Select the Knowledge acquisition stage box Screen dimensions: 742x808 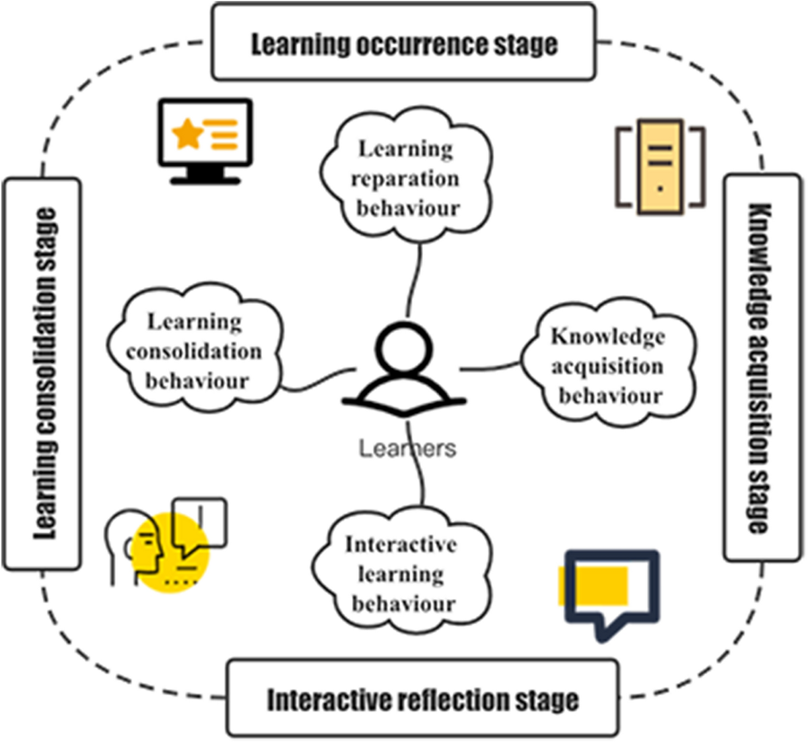[762, 368]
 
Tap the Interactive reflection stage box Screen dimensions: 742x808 [422, 699]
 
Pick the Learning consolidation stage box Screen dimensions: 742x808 [42, 374]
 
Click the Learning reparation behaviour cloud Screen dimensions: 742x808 [407, 178]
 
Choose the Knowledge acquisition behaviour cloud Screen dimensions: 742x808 [608, 365]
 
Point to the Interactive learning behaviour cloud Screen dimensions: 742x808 [402, 574]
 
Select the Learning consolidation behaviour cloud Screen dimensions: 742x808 [195, 350]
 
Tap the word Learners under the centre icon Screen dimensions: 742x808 [407, 448]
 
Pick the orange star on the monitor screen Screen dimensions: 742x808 [187, 134]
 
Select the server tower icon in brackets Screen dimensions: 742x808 [660, 166]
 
